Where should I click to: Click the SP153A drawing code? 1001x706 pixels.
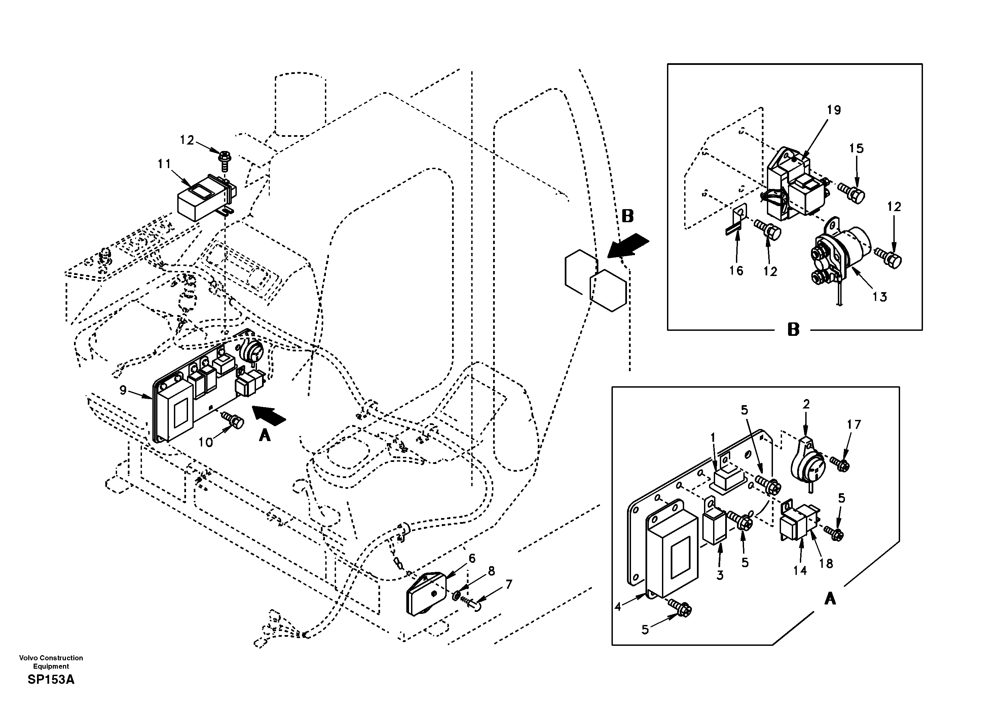[x=51, y=680]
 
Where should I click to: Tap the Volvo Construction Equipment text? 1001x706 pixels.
[x=51, y=662]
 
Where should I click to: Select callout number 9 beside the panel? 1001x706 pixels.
[x=123, y=390]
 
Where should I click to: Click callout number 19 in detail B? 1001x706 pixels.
[x=833, y=110]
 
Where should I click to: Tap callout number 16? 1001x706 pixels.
[x=736, y=271]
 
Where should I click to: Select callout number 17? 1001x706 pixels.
[x=854, y=424]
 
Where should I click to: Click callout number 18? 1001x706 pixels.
[x=826, y=563]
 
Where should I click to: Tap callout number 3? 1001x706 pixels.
[x=720, y=575]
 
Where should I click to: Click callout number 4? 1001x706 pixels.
[x=618, y=606]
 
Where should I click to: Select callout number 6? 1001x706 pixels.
[x=472, y=558]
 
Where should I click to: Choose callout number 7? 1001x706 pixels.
[x=508, y=584]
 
